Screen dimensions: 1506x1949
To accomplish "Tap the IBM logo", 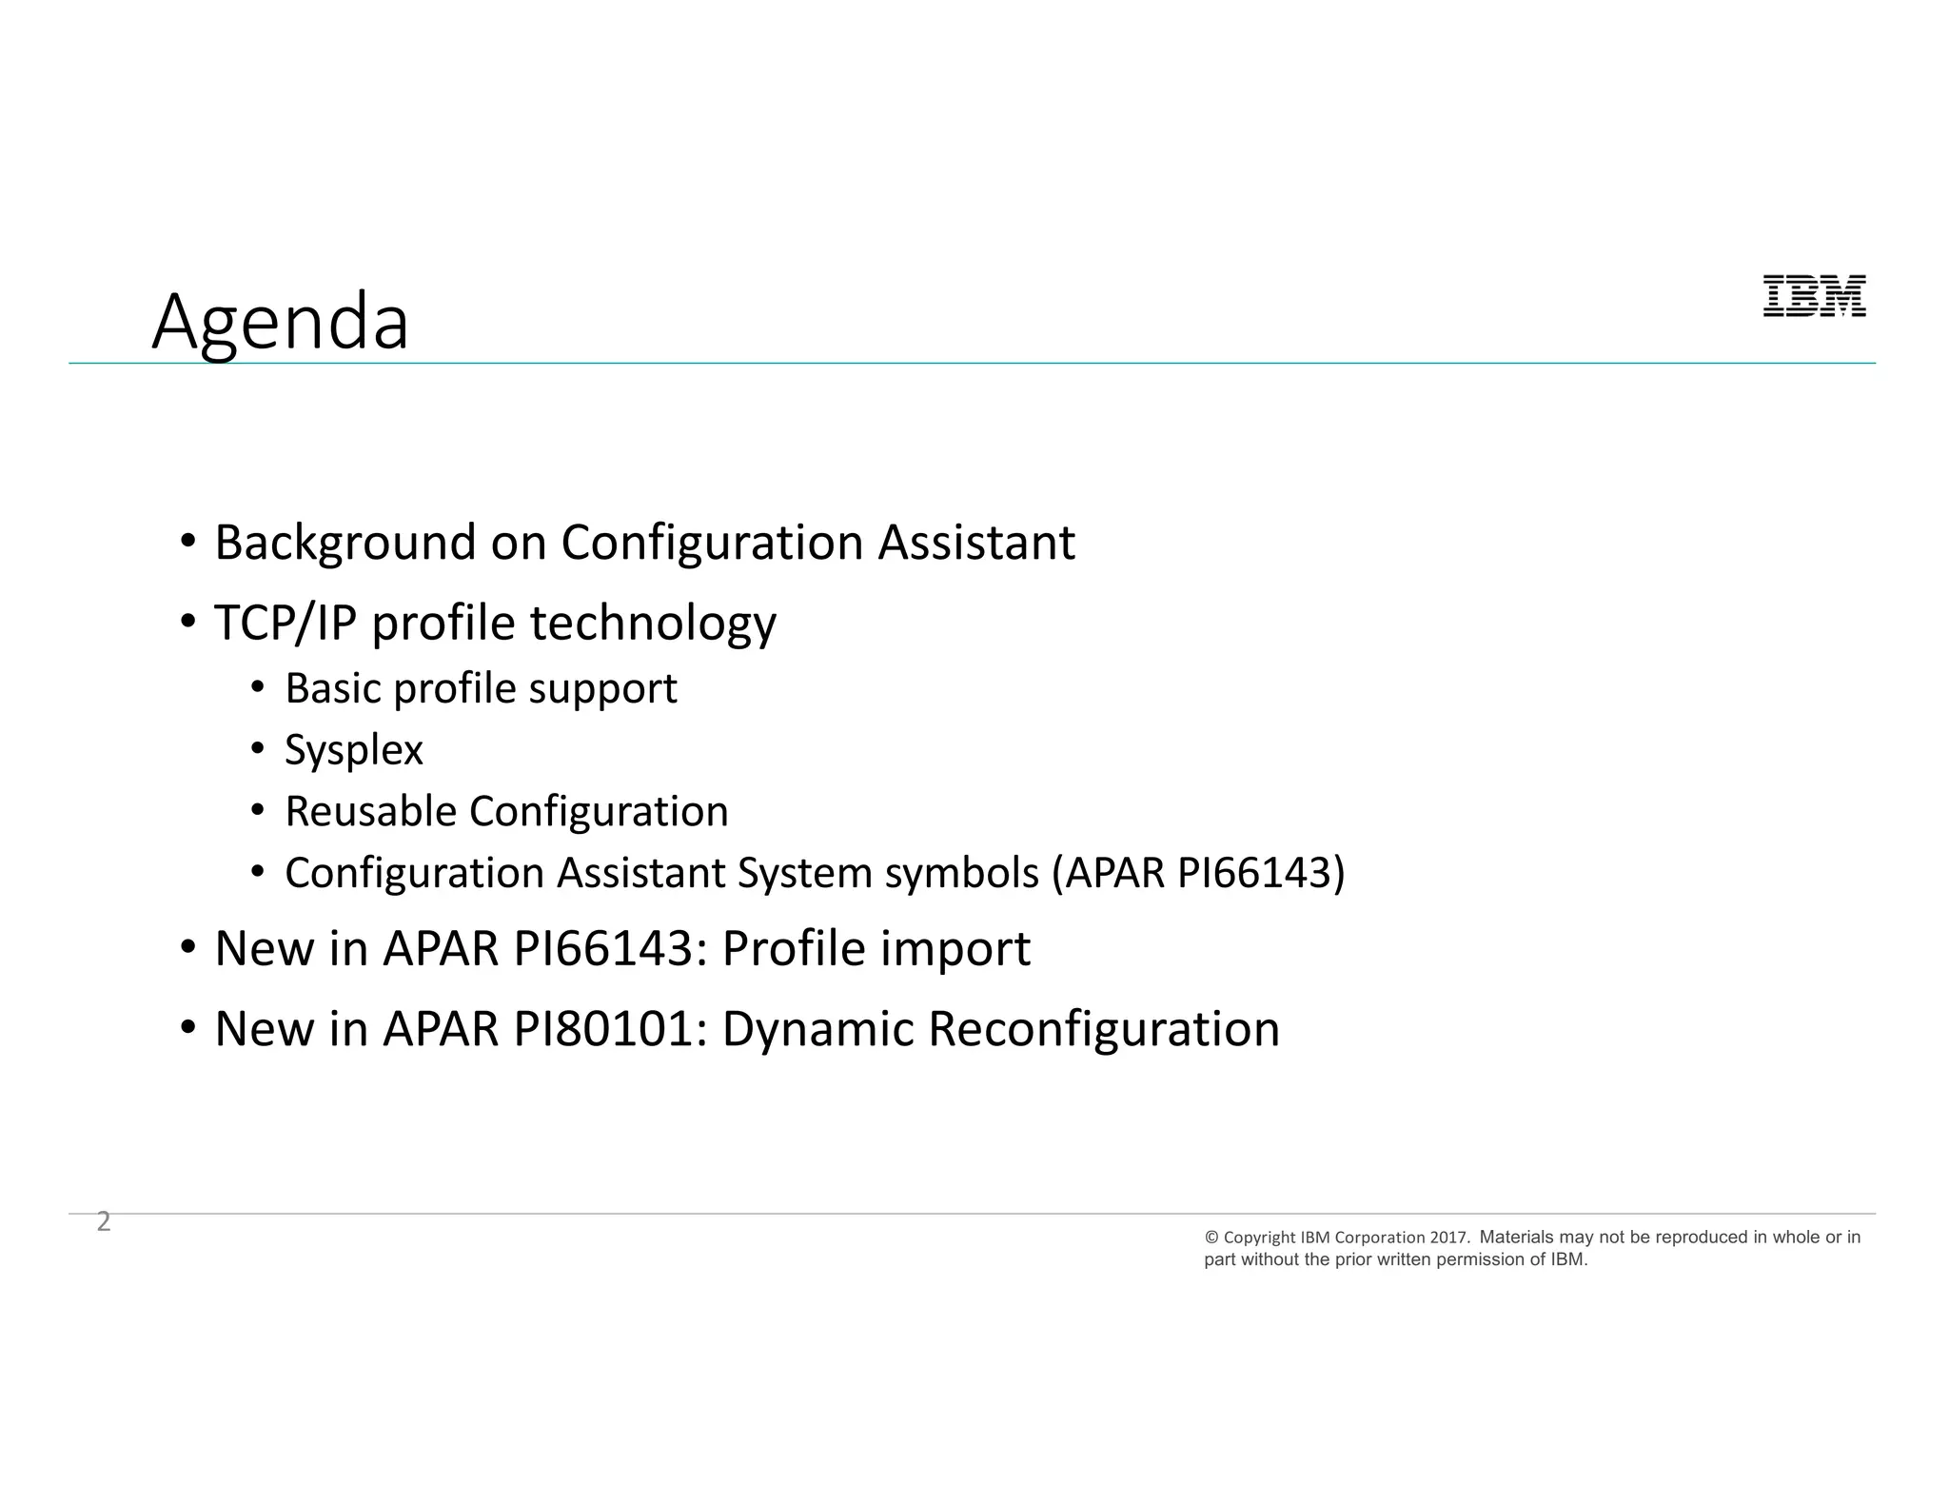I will pos(1814,296).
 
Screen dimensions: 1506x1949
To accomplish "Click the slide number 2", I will pos(104,1221).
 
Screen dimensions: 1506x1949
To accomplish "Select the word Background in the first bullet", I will pos(345,543).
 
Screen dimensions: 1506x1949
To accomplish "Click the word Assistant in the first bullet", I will pos(975,543).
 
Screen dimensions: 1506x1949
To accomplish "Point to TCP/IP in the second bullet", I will pos(285,624).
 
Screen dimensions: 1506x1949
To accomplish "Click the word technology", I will pos(653,624).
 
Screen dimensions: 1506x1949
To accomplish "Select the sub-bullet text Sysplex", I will pos(353,750).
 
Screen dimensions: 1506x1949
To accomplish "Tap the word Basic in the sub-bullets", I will pos(333,688).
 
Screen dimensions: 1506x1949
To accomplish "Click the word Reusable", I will pos(370,812).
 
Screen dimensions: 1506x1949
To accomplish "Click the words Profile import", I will pos(876,949).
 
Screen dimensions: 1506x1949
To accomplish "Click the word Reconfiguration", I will pos(1103,1029).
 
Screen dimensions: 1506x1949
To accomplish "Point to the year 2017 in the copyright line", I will pos(1449,1238).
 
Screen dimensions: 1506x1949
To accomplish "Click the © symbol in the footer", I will pos(1211,1238).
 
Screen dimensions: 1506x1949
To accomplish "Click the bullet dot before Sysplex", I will pos(257,750).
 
